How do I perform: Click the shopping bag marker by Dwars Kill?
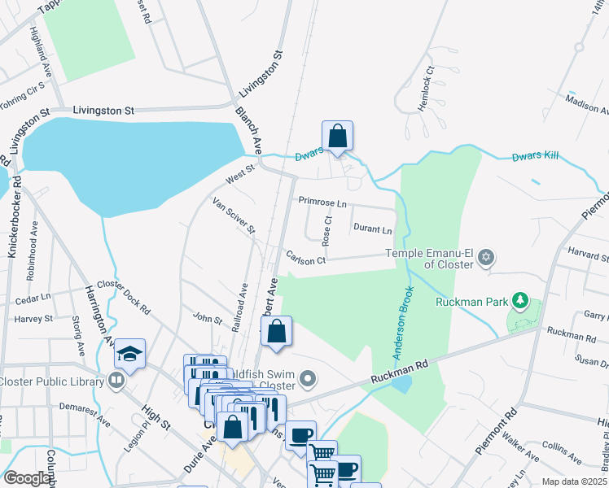(337, 137)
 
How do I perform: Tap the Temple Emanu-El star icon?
(486, 259)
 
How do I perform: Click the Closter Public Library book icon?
(116, 381)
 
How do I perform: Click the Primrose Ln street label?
(322, 201)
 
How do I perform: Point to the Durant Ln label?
(372, 229)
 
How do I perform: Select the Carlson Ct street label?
(306, 259)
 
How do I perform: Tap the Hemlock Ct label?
(424, 85)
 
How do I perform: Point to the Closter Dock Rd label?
(124, 296)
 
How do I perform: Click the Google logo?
(26, 478)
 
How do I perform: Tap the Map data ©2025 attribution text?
(573, 481)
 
